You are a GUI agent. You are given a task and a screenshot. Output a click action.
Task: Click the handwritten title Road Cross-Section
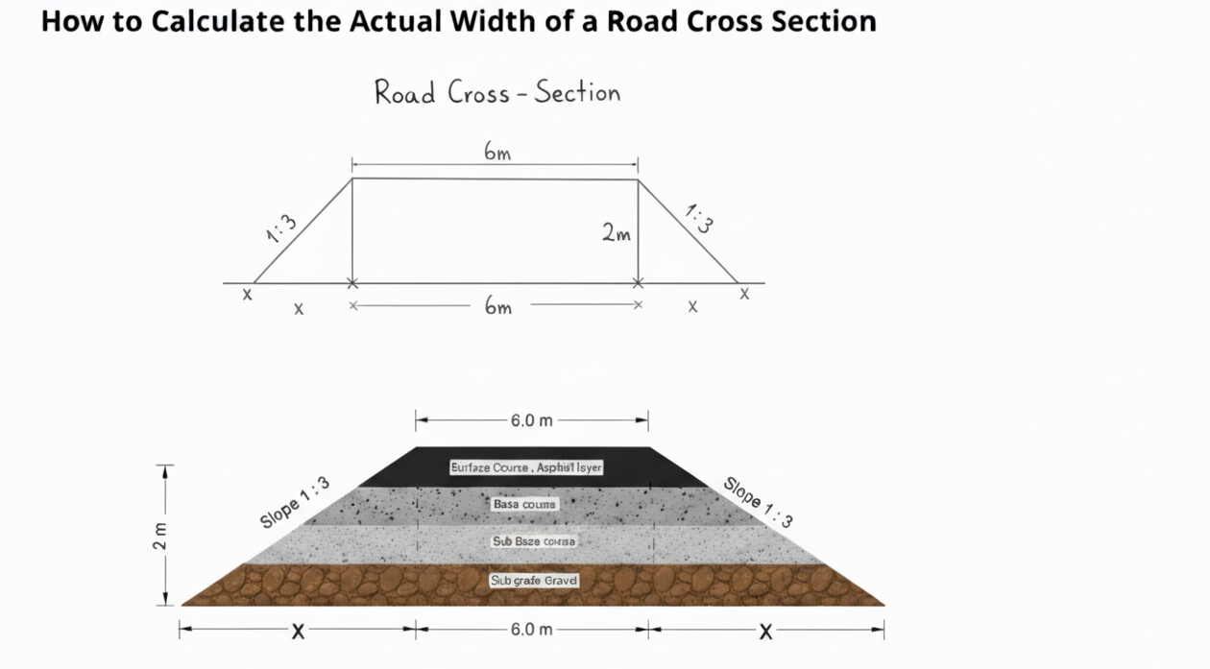[x=496, y=93]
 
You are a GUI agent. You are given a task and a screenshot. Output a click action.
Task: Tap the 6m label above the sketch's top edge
[x=496, y=152]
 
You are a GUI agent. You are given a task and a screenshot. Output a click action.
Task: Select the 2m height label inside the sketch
[x=617, y=232]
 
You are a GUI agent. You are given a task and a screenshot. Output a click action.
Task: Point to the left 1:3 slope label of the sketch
[x=281, y=229]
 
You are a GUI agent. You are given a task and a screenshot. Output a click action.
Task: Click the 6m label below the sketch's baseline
[x=497, y=307]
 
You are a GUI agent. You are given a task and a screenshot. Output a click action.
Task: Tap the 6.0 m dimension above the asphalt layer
[x=531, y=420]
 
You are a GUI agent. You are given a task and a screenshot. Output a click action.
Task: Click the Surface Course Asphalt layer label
[x=526, y=467]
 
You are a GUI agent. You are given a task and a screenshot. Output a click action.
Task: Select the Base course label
[x=524, y=504]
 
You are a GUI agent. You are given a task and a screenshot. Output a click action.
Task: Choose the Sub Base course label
[x=534, y=541]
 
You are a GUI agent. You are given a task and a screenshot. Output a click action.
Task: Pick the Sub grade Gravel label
[x=534, y=581]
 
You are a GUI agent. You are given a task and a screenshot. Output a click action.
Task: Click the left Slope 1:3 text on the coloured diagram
[x=295, y=502]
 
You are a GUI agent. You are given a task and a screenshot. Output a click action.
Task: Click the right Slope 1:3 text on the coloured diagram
[x=759, y=502]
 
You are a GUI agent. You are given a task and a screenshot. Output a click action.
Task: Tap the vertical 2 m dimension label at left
[x=160, y=537]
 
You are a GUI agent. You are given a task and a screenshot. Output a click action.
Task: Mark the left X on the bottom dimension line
[x=299, y=632]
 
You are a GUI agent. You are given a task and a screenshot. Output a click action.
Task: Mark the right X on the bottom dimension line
[x=765, y=632]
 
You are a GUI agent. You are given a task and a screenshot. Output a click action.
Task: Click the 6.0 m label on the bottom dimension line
[x=531, y=630]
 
